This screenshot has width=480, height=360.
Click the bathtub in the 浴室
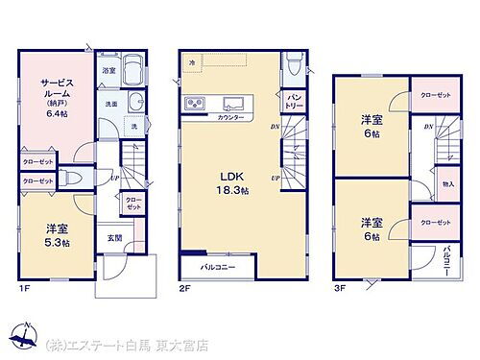[x=134, y=74]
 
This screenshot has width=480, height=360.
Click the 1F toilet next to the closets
[x=73, y=179]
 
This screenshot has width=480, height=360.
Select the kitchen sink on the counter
[x=233, y=103]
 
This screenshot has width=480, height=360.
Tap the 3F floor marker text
[x=339, y=286]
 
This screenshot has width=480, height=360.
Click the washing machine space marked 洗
[x=133, y=128]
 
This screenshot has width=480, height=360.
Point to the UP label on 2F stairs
[x=276, y=180]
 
